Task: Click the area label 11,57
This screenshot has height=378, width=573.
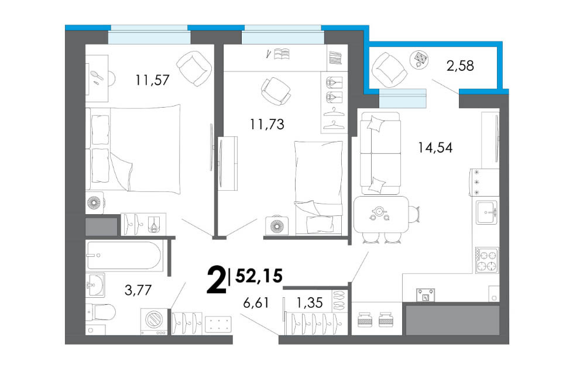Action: click(152, 80)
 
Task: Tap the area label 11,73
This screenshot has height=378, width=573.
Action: click(267, 124)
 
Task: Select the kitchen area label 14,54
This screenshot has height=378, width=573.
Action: click(435, 147)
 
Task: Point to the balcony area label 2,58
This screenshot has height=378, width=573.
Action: click(460, 66)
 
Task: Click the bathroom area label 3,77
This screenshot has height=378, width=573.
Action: click(138, 290)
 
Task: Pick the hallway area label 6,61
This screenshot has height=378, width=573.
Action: click(256, 303)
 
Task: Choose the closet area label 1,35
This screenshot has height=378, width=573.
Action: click(309, 303)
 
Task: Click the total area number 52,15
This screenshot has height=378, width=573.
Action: click(259, 276)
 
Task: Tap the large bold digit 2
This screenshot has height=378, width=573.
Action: click(216, 280)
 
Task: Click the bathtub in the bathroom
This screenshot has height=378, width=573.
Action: click(124, 256)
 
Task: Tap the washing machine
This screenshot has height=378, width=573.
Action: click(154, 321)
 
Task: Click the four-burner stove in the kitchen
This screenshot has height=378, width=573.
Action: click(487, 260)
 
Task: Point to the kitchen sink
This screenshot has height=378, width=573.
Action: click(487, 212)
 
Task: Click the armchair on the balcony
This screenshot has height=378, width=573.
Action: click(388, 70)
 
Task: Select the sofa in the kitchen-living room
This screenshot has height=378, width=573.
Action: click(380, 153)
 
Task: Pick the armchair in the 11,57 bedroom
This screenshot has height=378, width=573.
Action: click(194, 68)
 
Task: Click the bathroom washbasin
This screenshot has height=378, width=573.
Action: click(95, 284)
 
